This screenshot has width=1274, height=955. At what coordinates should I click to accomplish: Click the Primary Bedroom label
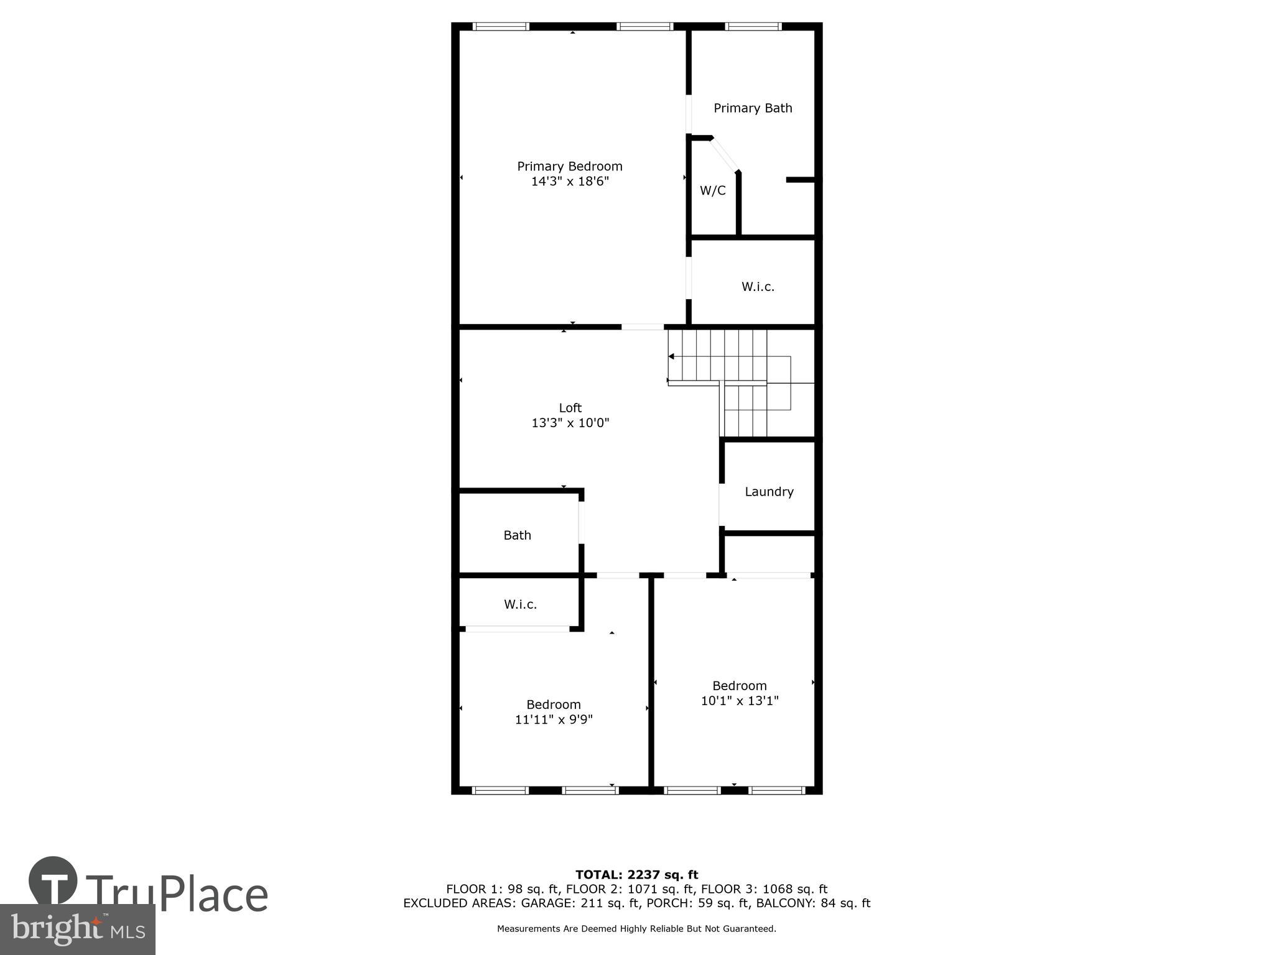(x=569, y=166)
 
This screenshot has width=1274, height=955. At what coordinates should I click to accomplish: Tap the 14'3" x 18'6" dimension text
(x=569, y=182)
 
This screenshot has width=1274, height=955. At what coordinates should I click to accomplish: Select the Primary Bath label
(x=753, y=108)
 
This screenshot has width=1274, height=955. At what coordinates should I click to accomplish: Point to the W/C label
(x=712, y=191)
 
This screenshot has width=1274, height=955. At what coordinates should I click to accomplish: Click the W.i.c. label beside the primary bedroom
(x=758, y=287)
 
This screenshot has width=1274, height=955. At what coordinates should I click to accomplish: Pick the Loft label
(x=570, y=408)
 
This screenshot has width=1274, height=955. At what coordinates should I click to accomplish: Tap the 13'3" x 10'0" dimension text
(x=570, y=423)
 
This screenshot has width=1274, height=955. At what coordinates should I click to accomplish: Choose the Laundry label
(x=769, y=492)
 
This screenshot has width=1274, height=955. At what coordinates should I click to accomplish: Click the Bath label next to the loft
(x=517, y=535)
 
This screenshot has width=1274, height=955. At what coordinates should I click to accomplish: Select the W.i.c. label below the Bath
(x=520, y=604)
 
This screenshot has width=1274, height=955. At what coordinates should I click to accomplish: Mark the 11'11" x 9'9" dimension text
(x=554, y=720)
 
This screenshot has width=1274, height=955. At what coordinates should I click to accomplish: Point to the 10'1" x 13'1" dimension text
(x=740, y=701)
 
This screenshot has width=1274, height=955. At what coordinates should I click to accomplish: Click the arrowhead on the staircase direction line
(x=671, y=356)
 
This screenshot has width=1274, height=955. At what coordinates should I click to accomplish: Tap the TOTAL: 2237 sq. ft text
(x=636, y=875)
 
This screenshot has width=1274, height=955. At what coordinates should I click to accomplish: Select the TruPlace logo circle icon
(x=53, y=881)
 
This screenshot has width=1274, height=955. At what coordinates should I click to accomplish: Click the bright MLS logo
(x=77, y=929)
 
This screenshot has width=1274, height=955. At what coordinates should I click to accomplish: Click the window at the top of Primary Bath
(x=753, y=26)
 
